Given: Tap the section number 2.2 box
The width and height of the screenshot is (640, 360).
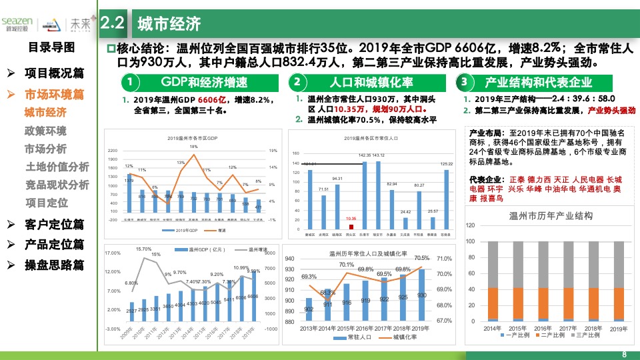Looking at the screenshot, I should click(113, 24).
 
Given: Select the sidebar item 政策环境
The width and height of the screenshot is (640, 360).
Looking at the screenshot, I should click(45, 130).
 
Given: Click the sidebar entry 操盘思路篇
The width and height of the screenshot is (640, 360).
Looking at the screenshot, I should click(55, 264).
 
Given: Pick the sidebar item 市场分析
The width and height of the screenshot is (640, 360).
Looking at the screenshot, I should click(45, 148).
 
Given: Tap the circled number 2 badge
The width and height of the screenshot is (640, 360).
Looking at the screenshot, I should click(297, 83).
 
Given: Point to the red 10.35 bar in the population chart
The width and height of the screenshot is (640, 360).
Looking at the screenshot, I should click(351, 226).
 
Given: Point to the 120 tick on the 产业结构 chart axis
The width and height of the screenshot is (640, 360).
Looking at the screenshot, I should click(471, 225).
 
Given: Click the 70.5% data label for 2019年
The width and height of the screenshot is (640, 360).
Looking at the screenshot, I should click(421, 258).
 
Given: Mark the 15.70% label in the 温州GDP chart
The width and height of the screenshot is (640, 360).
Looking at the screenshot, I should click(143, 249).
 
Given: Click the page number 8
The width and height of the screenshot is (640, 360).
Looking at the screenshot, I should click(624, 353).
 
